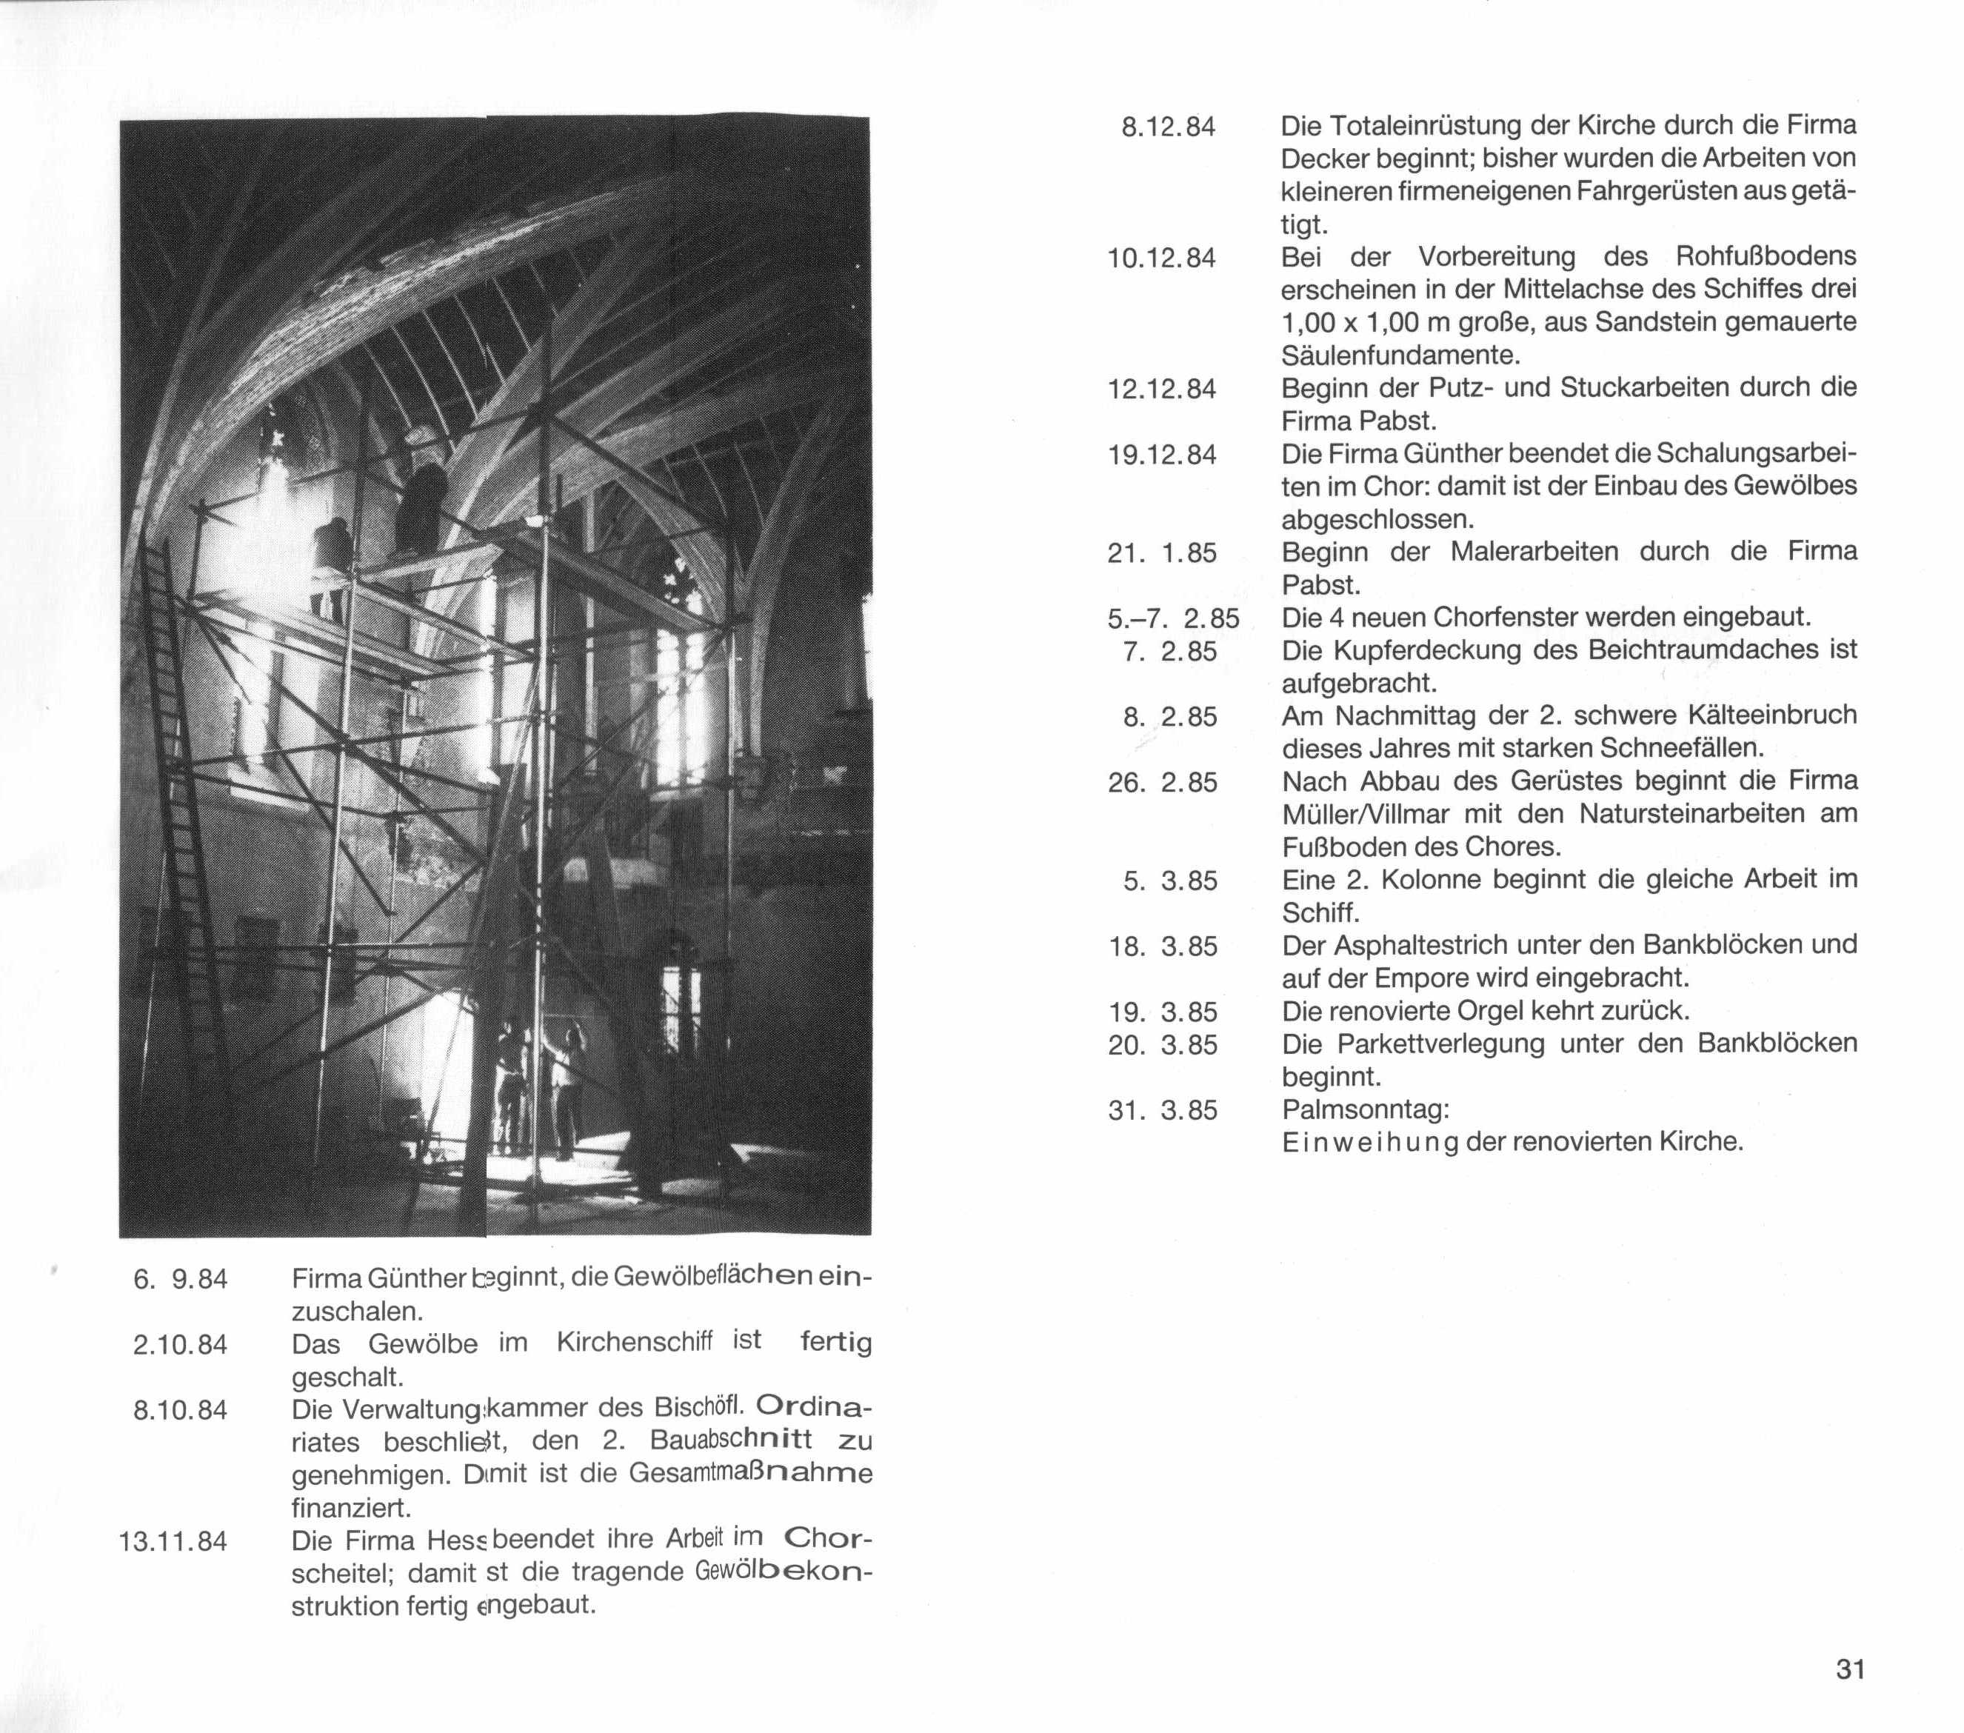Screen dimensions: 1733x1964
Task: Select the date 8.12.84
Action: tap(1169, 127)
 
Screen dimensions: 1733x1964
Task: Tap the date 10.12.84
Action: tap(1162, 258)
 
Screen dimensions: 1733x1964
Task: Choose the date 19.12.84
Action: tap(1162, 455)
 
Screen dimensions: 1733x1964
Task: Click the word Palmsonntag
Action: tap(1364, 1109)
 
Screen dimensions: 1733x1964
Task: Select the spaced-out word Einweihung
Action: tap(1370, 1142)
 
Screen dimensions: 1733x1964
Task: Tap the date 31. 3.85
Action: tap(1163, 1110)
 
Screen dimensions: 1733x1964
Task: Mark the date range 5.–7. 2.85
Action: tap(1173, 618)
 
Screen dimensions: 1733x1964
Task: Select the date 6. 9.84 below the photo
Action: tap(181, 1280)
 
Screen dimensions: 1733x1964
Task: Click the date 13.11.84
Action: tap(173, 1542)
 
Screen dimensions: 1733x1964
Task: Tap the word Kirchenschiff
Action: tap(634, 1342)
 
